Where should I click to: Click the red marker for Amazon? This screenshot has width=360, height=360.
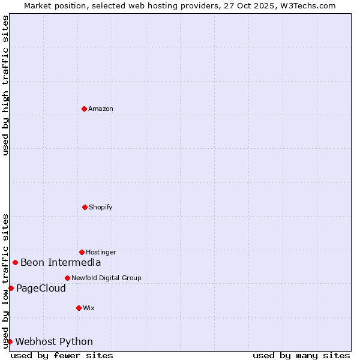[85, 109]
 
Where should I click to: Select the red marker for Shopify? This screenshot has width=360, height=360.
[85, 207]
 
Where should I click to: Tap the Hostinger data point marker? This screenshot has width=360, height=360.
[82, 252]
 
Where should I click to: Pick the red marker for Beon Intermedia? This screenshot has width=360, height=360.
[15, 262]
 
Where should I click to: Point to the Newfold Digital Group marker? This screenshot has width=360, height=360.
[67, 278]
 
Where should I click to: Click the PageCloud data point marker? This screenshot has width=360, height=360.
[11, 288]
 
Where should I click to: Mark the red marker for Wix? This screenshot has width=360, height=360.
[79, 308]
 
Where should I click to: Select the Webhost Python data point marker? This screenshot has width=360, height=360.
[10, 341]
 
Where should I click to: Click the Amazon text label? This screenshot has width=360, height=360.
[101, 109]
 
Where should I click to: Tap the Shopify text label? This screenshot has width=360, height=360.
[101, 208]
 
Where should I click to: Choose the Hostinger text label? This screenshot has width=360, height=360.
[101, 253]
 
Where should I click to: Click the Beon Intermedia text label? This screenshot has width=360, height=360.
[61, 263]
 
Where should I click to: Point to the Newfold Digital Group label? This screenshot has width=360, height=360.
[106, 278]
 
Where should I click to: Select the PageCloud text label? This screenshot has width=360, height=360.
[41, 289]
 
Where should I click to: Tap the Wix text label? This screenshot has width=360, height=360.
[89, 308]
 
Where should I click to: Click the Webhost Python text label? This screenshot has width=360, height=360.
[54, 342]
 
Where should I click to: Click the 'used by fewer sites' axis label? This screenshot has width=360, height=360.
[62, 355]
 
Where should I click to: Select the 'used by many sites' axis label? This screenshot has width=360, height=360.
[301, 355]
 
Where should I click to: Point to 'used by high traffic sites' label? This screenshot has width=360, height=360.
[5, 85]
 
